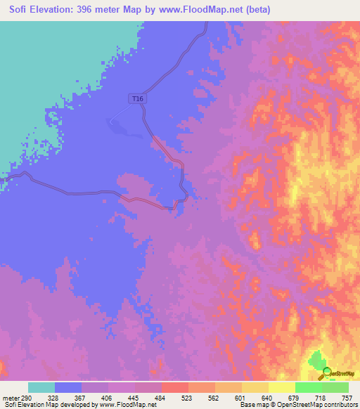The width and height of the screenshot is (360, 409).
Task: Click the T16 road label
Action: coord(138,99)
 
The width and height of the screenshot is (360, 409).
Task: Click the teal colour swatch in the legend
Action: coord(41,387)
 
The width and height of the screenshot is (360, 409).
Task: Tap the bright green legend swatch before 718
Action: coord(309,387)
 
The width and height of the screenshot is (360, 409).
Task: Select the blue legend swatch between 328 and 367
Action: coord(68,387)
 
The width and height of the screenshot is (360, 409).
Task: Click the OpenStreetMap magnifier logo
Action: coord(325,374)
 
